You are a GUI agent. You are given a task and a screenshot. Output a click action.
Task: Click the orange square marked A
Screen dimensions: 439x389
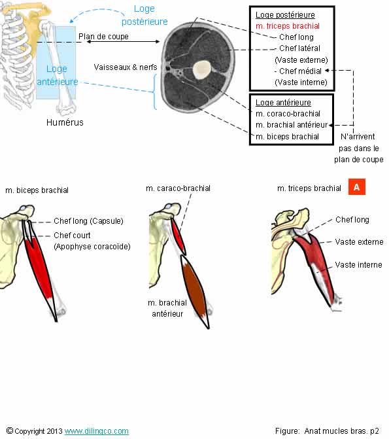(356, 188)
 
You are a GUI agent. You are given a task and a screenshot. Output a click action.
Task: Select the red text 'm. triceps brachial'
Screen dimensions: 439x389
(288, 26)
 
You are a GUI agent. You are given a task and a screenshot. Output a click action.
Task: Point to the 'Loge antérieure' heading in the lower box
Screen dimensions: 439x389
(283, 103)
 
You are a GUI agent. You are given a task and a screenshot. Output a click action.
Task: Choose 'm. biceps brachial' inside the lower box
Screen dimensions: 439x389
(288, 136)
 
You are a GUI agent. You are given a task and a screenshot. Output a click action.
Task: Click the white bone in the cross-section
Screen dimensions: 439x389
(203, 68)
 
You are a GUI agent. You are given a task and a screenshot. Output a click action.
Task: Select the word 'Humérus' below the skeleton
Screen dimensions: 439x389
(65, 122)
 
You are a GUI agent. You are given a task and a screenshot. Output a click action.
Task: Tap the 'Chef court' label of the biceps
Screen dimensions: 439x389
(72, 235)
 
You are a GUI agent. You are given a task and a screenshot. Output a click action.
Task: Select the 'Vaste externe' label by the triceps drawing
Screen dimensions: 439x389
(359, 242)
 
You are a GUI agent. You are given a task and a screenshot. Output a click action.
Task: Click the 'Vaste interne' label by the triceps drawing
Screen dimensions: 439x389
(358, 265)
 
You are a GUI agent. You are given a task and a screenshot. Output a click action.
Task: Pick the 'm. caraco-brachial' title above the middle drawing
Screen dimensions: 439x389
(178, 188)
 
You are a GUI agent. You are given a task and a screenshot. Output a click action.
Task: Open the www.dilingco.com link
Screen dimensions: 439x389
(96, 431)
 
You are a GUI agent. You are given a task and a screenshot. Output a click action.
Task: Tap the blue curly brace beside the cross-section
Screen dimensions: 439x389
(154, 92)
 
